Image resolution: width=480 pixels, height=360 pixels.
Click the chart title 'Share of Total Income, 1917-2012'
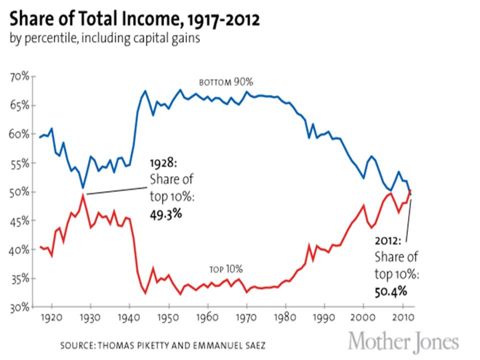(134, 20)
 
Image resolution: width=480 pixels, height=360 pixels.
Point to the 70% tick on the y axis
(20, 77)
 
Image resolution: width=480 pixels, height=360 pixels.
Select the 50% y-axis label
(20, 192)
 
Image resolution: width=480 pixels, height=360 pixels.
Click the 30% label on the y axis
(20, 307)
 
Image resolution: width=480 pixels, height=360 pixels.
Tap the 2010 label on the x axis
(402, 318)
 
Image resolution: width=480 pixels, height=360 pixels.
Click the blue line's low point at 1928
(83, 188)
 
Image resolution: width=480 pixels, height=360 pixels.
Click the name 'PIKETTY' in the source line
(167, 345)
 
